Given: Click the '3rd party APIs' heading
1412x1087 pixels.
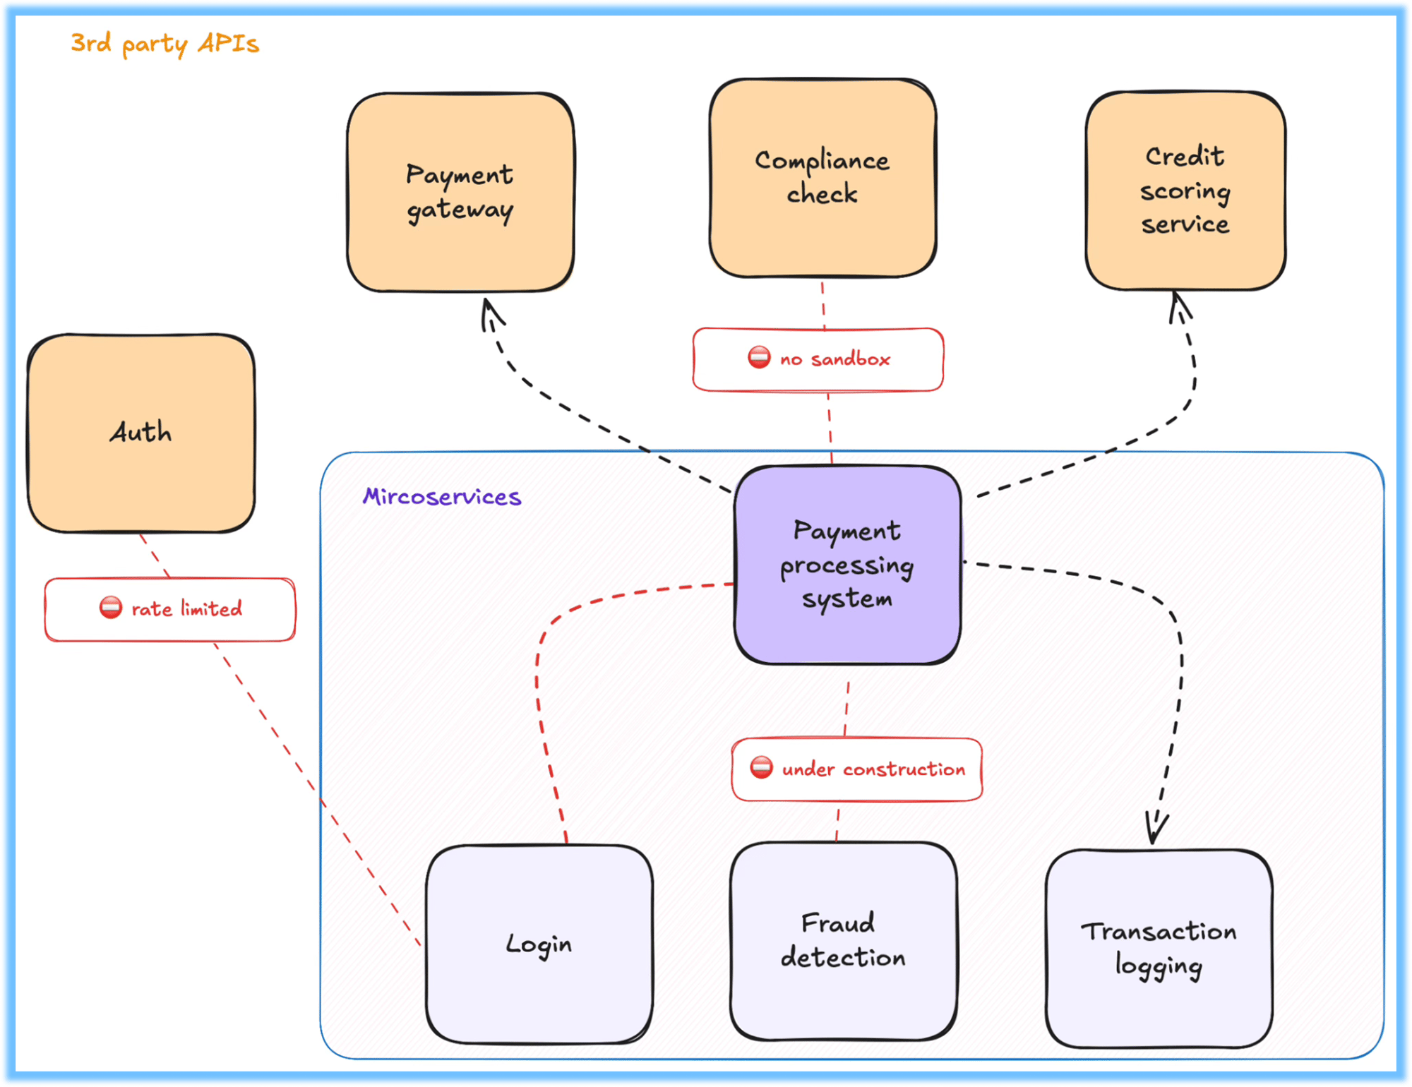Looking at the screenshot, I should coord(164,44).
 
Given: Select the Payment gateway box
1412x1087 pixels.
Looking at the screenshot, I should coord(460,192).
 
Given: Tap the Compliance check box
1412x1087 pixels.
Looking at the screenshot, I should coord(822,178).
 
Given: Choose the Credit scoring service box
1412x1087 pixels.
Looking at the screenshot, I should coord(1185,191).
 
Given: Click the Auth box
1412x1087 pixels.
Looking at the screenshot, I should coord(141,433).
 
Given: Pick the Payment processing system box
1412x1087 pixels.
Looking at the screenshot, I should coord(847,565).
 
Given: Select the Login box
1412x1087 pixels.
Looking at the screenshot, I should coord(539,944).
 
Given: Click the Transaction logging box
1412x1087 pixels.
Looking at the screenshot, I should coord(1159,949).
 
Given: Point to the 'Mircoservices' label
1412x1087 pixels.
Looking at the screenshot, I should coord(442,497).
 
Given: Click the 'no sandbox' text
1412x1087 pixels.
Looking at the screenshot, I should coord(835,359).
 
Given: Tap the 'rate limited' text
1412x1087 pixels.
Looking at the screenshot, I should coord(186,608).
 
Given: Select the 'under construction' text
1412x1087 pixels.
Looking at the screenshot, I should coord(873,769).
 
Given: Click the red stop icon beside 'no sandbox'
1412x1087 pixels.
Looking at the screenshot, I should coord(759,357).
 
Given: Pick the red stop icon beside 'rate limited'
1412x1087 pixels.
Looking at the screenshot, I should coord(111,607).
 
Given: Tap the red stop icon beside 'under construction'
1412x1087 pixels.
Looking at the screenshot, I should coord(761,767).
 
